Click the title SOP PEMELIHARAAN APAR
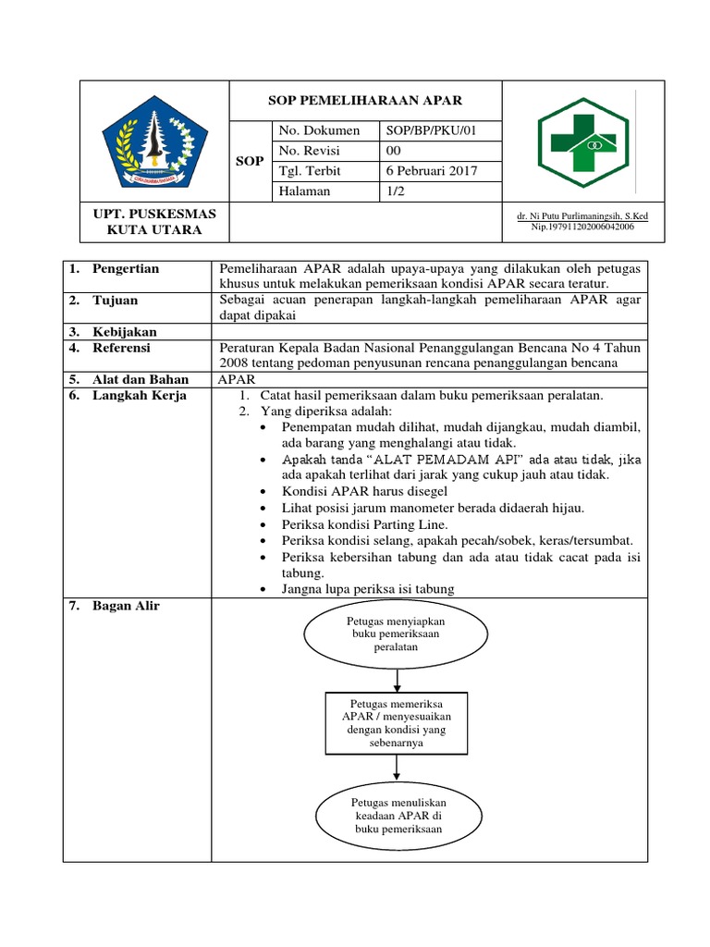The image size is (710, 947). [365, 100]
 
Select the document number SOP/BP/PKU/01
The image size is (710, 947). [430, 130]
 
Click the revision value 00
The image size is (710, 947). [394, 151]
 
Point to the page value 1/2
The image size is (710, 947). [396, 191]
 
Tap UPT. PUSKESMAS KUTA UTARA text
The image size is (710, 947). [154, 221]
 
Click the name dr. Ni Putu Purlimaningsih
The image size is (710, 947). [582, 216]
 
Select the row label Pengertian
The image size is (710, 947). [126, 269]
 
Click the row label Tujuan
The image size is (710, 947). [116, 301]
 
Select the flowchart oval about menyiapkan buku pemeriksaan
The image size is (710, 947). [396, 634]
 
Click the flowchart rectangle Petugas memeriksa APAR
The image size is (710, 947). [396, 723]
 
